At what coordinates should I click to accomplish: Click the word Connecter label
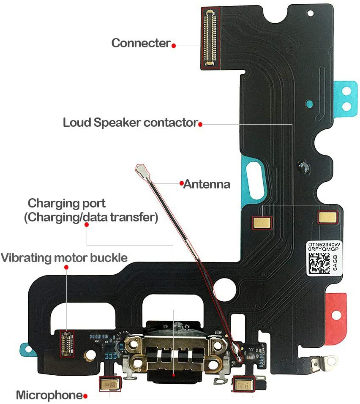tap(141, 43)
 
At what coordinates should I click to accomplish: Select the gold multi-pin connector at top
tap(210, 38)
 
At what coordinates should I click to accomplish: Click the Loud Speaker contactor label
tap(130, 123)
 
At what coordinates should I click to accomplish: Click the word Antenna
tap(207, 184)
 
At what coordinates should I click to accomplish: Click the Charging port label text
tap(67, 203)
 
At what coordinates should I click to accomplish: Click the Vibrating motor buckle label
tap(64, 257)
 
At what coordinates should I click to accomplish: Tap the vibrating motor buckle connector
tap(66, 343)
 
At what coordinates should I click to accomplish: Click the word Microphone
tap(49, 396)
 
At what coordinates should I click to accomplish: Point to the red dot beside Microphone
tap(86, 396)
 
